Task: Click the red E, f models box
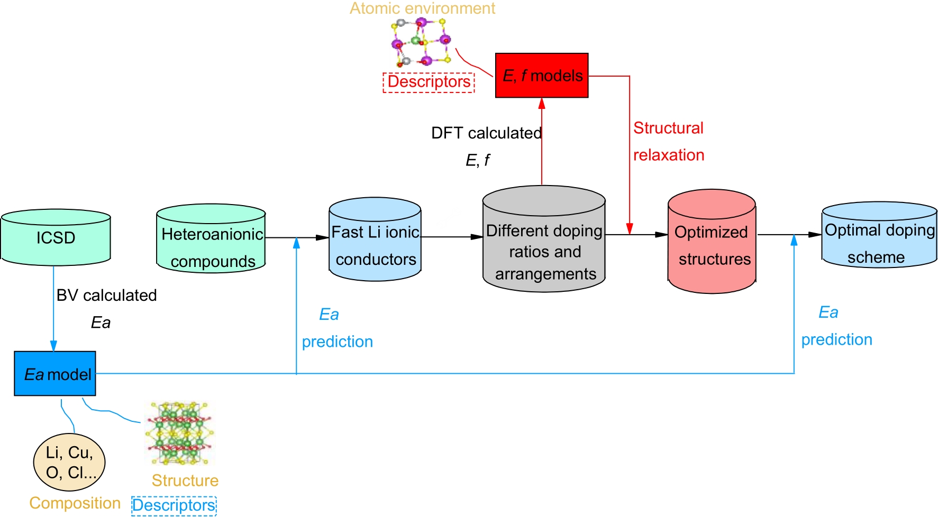(x=542, y=76)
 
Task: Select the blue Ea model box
(x=55, y=374)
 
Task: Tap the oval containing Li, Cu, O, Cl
(x=69, y=462)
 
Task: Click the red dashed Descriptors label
(x=429, y=82)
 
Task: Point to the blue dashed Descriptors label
(x=174, y=505)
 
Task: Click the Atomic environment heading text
(x=422, y=8)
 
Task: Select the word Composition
(x=75, y=503)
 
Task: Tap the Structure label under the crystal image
(x=185, y=480)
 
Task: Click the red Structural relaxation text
(x=669, y=141)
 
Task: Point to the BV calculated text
(x=106, y=295)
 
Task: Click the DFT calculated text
(x=486, y=133)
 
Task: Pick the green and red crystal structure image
(x=180, y=433)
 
